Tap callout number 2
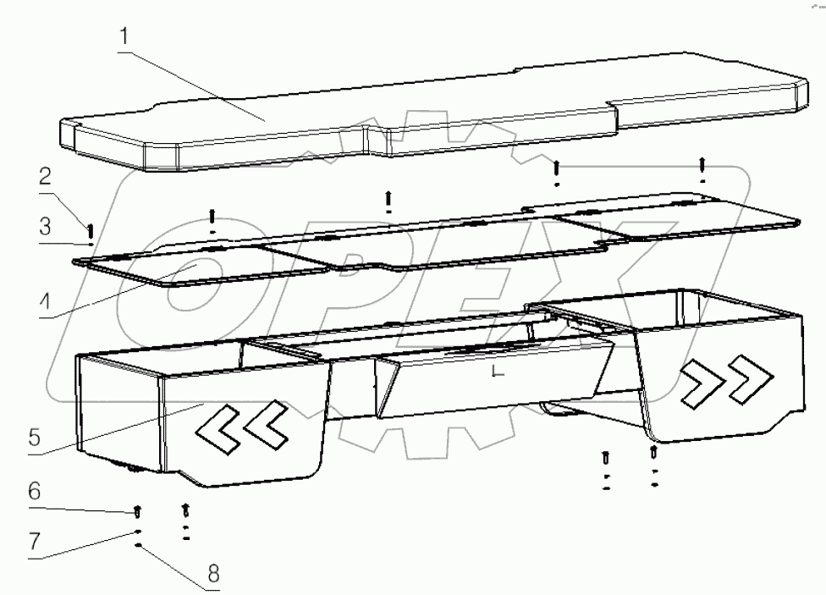click(46, 178)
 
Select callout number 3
click(46, 227)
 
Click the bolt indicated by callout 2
click(90, 228)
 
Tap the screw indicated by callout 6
click(137, 512)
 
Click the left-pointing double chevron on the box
click(242, 425)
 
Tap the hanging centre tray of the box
click(491, 381)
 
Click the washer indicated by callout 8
click(137, 547)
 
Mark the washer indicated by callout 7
click(137, 532)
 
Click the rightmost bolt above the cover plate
click(702, 166)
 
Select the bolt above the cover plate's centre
click(388, 200)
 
